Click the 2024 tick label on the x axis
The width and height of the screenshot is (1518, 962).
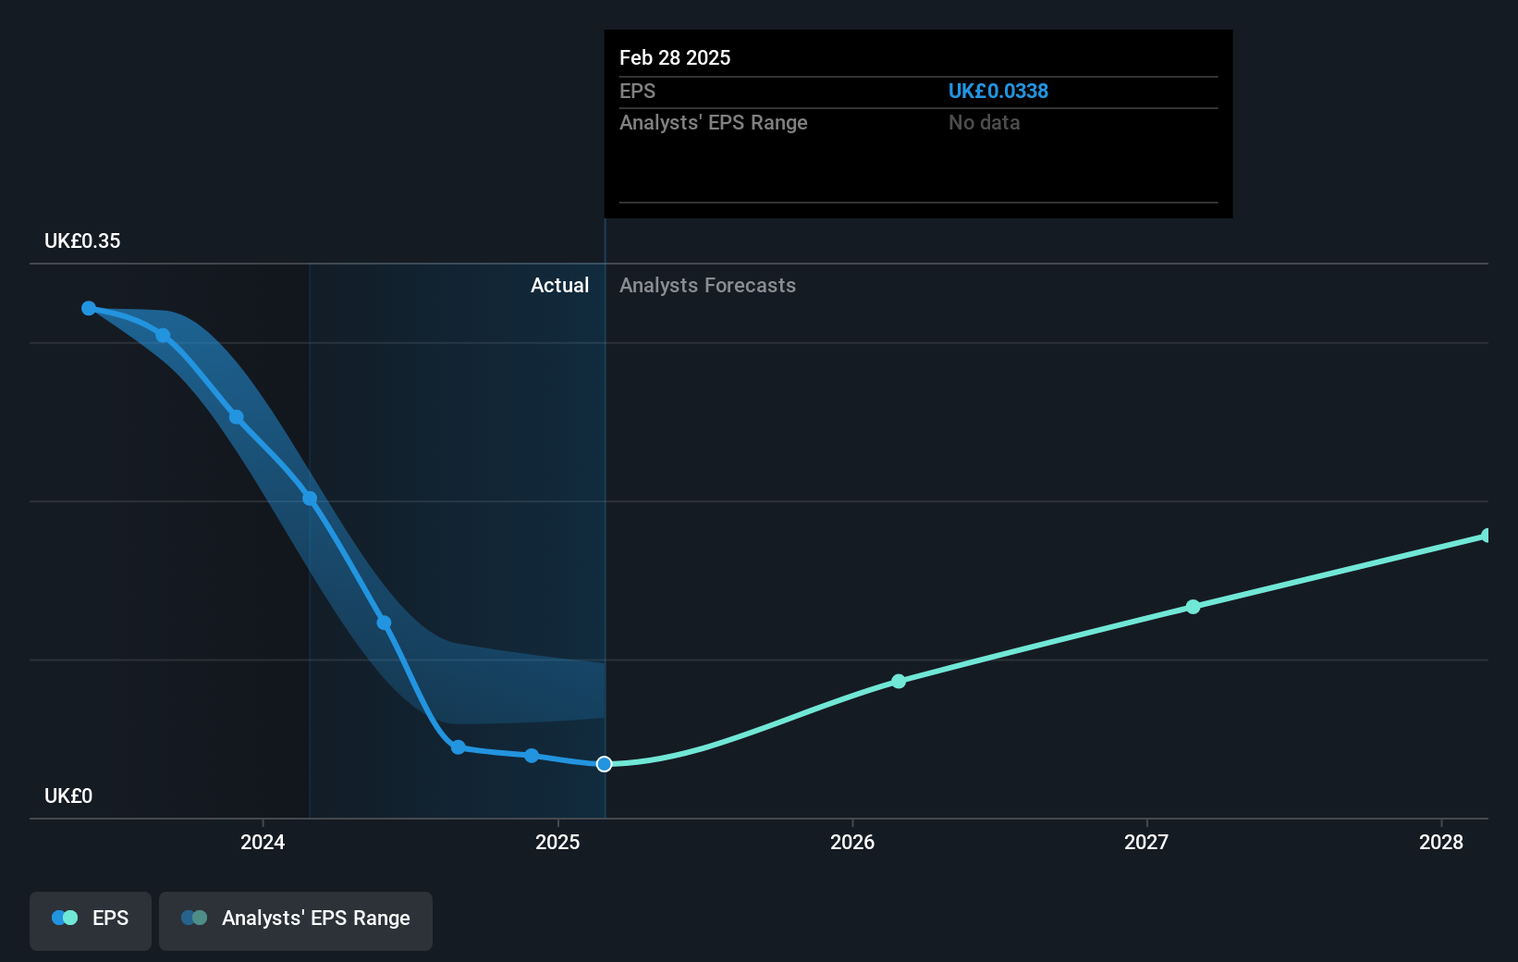coord(263,842)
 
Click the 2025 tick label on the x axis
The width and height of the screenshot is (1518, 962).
coord(557,842)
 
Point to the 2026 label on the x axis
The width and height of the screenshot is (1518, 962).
coord(851,842)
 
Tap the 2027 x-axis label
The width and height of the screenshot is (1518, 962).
coord(1145,842)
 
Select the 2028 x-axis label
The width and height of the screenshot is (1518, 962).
coord(1440,842)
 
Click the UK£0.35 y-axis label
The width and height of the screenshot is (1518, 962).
coord(82,240)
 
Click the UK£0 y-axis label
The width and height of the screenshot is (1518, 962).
coord(68,795)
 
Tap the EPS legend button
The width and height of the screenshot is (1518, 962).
coord(91,919)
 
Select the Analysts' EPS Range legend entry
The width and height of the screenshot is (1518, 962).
coord(296,919)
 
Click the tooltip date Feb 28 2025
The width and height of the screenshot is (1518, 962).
coord(675,57)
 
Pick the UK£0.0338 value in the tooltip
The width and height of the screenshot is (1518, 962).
coord(998,91)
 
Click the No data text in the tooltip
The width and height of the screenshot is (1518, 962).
coord(984,122)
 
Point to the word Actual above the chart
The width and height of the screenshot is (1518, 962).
coord(559,285)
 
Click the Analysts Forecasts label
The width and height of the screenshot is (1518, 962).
coord(707,285)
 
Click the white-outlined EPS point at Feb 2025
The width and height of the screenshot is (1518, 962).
coord(604,764)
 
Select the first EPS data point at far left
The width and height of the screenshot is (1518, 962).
coord(89,308)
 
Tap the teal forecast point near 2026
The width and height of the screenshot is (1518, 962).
coord(899,681)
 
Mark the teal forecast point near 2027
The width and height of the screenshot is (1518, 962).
coord(1193,607)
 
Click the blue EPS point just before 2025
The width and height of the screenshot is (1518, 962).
coord(532,756)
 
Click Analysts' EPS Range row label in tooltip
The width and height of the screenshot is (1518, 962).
coord(713,122)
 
